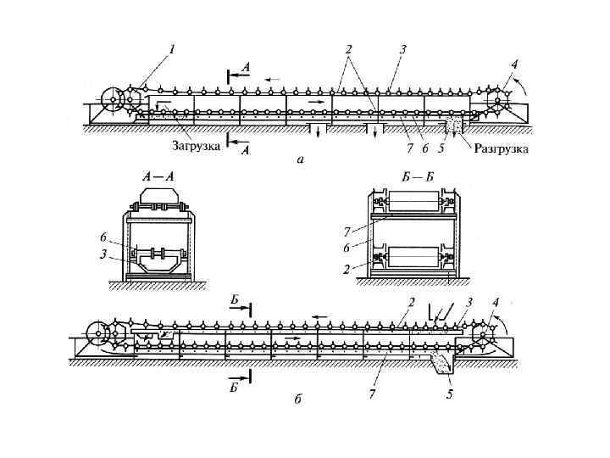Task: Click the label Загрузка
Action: click(x=197, y=145)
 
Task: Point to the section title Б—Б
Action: click(x=419, y=176)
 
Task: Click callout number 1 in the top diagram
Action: click(x=173, y=50)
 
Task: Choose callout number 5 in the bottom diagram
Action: click(x=450, y=393)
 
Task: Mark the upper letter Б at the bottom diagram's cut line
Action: click(x=235, y=300)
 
